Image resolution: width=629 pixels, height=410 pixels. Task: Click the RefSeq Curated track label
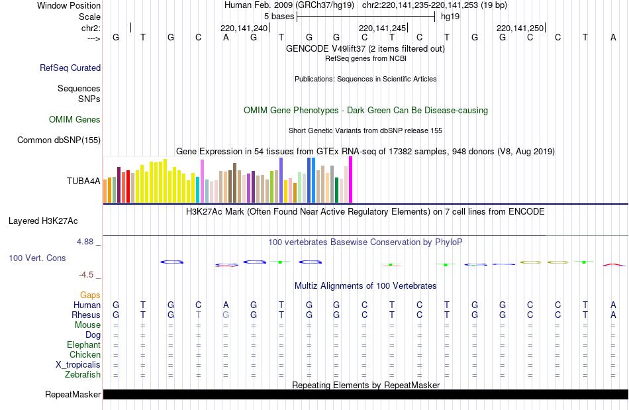[70, 68]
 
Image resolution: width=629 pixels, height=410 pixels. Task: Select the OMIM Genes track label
[75, 120]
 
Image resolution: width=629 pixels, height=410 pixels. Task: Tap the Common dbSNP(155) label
[59, 140]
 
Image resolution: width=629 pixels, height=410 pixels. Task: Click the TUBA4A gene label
[83, 181]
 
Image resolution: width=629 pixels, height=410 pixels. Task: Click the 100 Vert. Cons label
[37, 258]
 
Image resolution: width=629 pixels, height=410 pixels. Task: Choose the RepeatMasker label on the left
[73, 395]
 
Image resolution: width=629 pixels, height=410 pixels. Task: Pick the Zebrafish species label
[83, 375]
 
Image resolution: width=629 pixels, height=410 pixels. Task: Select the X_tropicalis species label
[78, 365]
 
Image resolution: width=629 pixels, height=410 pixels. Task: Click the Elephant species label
[83, 345]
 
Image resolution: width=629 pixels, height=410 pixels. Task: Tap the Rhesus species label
[86, 315]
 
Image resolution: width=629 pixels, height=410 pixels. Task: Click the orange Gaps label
[90, 295]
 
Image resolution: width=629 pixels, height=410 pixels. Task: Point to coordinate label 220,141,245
[381, 28]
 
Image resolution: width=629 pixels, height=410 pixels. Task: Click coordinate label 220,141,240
[244, 28]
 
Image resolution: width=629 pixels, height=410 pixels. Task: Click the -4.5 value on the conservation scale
[88, 275]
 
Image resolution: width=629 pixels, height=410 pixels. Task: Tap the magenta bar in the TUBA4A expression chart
[350, 179]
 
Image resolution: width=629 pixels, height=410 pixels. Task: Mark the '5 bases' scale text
[279, 16]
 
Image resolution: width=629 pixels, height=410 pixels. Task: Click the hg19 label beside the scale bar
[450, 16]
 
